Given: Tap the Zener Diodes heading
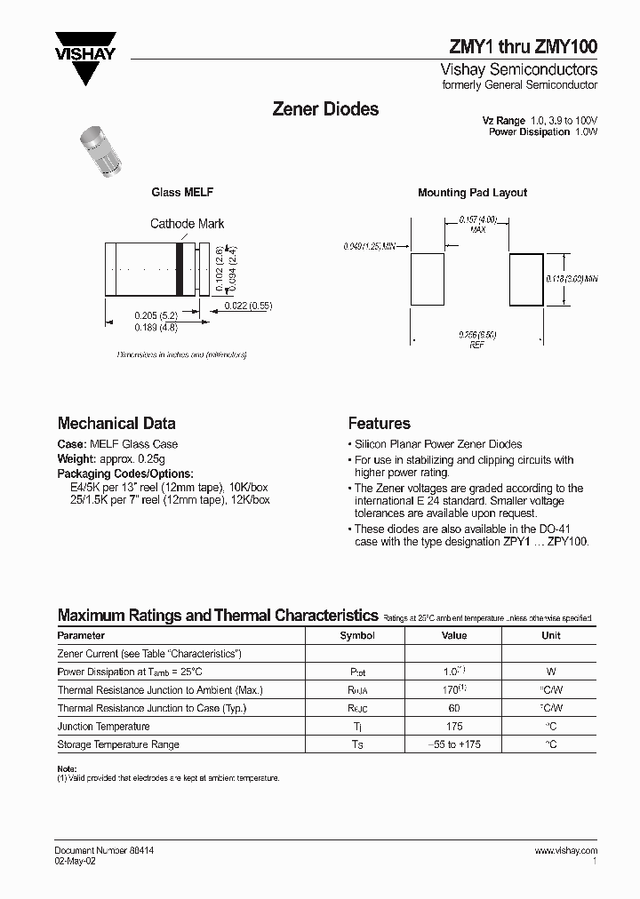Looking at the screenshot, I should pos(324,109).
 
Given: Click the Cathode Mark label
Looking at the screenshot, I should pos(187,224).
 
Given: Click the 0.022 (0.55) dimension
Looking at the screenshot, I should pos(248,306).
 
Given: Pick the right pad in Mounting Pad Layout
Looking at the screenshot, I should pos(525,279).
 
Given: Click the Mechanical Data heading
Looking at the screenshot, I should pos(116,424).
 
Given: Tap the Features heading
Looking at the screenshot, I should pos(379,424).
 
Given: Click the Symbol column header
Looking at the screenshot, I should pos(357,636).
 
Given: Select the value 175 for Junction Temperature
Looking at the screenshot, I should pos(454,727).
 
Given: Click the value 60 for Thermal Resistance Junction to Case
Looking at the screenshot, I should pos(454,708).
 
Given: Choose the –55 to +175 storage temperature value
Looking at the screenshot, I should pos(454,744).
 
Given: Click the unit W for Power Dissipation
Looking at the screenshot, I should pos(551,672).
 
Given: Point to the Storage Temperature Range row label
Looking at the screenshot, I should pos(118,744).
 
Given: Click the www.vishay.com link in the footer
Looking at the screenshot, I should pos(565,850).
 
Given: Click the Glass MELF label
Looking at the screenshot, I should pos(182,193).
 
